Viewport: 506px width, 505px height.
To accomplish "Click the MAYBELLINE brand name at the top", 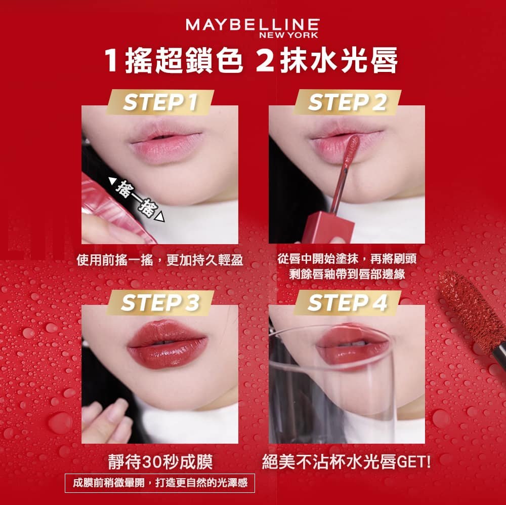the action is pyautogui.click(x=252, y=25).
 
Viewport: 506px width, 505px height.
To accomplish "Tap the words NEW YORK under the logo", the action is pyautogui.click(x=288, y=35).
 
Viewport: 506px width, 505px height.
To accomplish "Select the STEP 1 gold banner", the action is pyautogui.click(x=160, y=102).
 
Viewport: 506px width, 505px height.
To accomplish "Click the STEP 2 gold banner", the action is pyautogui.click(x=347, y=102).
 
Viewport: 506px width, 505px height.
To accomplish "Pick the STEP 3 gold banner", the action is pyautogui.click(x=160, y=303).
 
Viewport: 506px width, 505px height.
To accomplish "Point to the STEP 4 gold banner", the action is pyautogui.click(x=347, y=303).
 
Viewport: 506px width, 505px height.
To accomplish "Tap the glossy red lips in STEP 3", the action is pyautogui.click(x=167, y=344).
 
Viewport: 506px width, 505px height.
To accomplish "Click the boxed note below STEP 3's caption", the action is pyautogui.click(x=160, y=483).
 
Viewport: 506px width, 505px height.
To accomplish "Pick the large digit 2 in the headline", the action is pyautogui.click(x=265, y=60).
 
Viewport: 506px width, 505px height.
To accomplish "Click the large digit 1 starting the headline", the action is pyautogui.click(x=111, y=60).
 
